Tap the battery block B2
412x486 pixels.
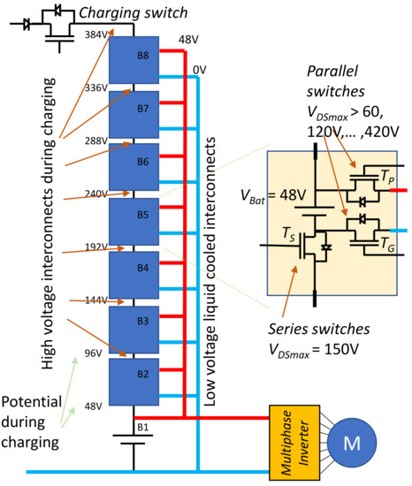[x=133, y=381]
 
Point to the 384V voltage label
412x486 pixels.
[x=96, y=34]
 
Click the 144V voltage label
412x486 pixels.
[x=96, y=300]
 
